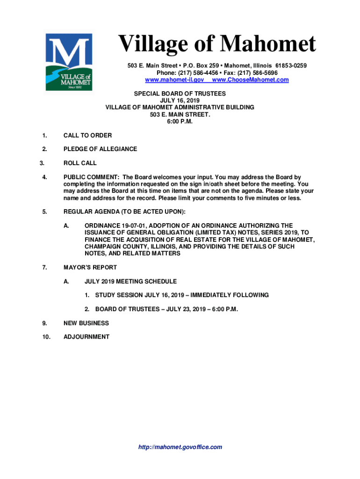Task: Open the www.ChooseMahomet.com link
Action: pyautogui.click(x=250, y=80)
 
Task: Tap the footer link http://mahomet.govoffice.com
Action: pyautogui.click(x=180, y=447)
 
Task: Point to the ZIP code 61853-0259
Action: pyautogui.click(x=291, y=65)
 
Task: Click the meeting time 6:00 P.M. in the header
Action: pyautogui.click(x=180, y=122)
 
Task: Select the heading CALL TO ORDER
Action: pyautogui.click(x=87, y=136)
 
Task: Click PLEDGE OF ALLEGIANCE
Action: pyautogui.click(x=100, y=149)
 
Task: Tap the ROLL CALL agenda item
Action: pyautogui.click(x=80, y=163)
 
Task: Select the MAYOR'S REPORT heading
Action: pyautogui.click(x=90, y=268)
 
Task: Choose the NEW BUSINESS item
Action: pyautogui.click(x=86, y=323)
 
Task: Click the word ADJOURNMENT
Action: pyautogui.click(x=86, y=337)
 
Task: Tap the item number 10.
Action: pyautogui.click(x=46, y=337)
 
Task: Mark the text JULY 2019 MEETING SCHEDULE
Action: pyautogui.click(x=130, y=282)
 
